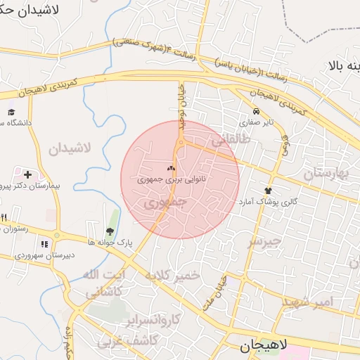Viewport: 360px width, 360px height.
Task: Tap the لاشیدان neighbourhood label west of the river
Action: tap(70, 148)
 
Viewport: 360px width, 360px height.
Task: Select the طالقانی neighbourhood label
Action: tap(230, 140)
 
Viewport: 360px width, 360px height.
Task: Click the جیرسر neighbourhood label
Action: tap(265, 241)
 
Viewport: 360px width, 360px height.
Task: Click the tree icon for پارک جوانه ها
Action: tap(109, 230)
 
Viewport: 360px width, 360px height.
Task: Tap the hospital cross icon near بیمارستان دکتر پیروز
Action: tap(27, 174)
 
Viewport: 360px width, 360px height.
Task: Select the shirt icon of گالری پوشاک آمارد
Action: tap(268, 191)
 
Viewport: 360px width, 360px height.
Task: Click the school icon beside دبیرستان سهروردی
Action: tap(44, 244)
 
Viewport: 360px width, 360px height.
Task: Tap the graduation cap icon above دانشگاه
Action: tap(11, 112)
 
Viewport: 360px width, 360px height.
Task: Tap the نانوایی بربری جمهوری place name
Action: tap(163, 180)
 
